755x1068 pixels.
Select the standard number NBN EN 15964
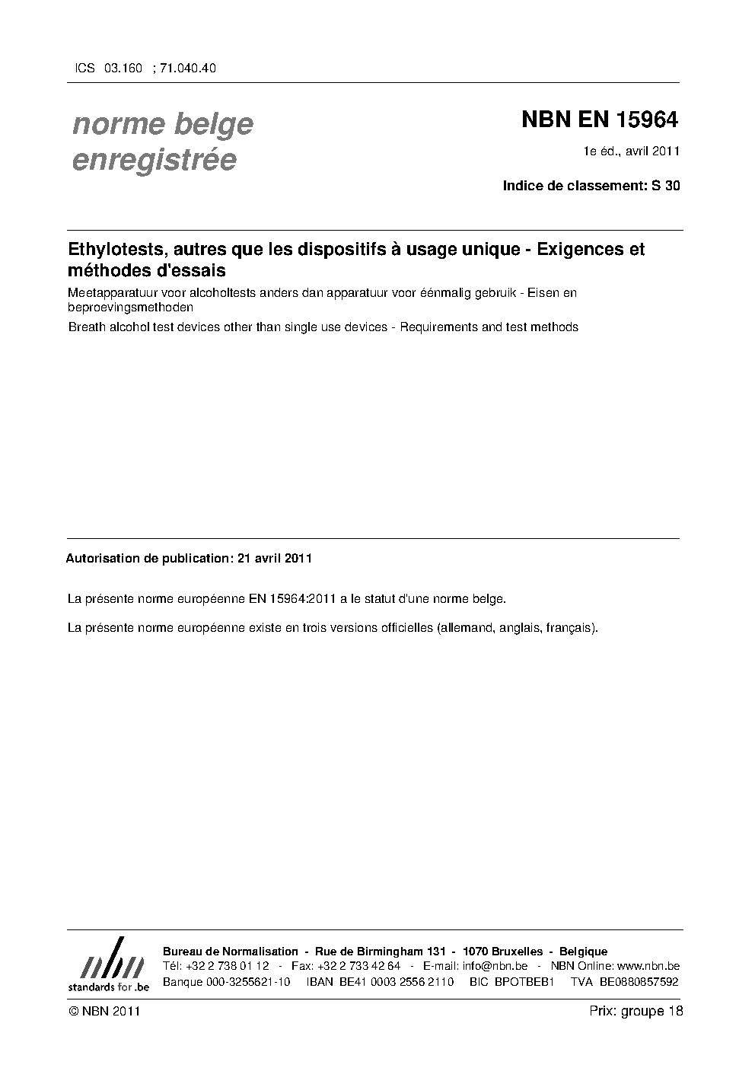(x=599, y=120)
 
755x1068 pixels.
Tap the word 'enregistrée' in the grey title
(x=154, y=160)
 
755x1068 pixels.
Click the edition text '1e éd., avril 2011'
(x=631, y=151)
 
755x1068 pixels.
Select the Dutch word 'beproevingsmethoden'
(x=130, y=308)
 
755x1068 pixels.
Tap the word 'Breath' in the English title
(x=86, y=327)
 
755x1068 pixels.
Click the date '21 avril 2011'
(x=275, y=558)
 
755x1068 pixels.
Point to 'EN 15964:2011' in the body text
(x=292, y=599)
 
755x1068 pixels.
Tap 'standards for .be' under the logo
(x=109, y=986)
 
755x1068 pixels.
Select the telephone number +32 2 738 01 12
(x=228, y=966)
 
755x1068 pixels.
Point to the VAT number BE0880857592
(x=639, y=981)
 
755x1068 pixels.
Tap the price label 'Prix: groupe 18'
(x=636, y=1011)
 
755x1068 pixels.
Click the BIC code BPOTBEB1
(x=524, y=981)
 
